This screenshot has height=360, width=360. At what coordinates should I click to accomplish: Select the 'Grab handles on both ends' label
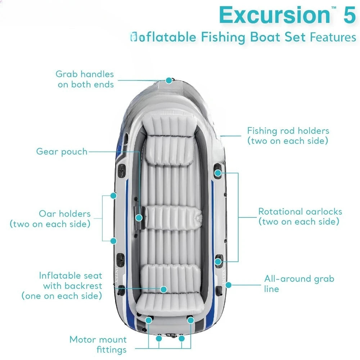(85, 79)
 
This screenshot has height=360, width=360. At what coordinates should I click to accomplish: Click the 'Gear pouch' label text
(62, 152)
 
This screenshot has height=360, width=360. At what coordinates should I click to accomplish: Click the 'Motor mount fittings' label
(98, 345)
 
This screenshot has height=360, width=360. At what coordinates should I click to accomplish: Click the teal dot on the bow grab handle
(169, 80)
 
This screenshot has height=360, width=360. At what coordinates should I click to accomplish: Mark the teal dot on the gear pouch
(139, 217)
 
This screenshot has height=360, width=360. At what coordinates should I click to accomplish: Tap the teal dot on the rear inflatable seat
(164, 289)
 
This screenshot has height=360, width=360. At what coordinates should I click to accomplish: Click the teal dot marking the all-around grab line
(228, 284)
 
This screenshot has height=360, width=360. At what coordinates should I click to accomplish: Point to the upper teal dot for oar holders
(113, 195)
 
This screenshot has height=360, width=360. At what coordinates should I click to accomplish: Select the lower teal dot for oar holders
(113, 240)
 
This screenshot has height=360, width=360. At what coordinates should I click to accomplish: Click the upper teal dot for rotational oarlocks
(218, 173)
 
